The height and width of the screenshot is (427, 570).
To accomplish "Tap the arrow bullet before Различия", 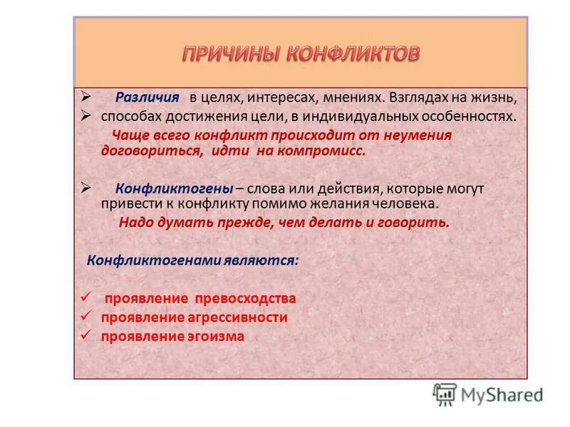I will click(85, 97).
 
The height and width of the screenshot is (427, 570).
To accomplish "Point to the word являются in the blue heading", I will click(267, 260).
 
